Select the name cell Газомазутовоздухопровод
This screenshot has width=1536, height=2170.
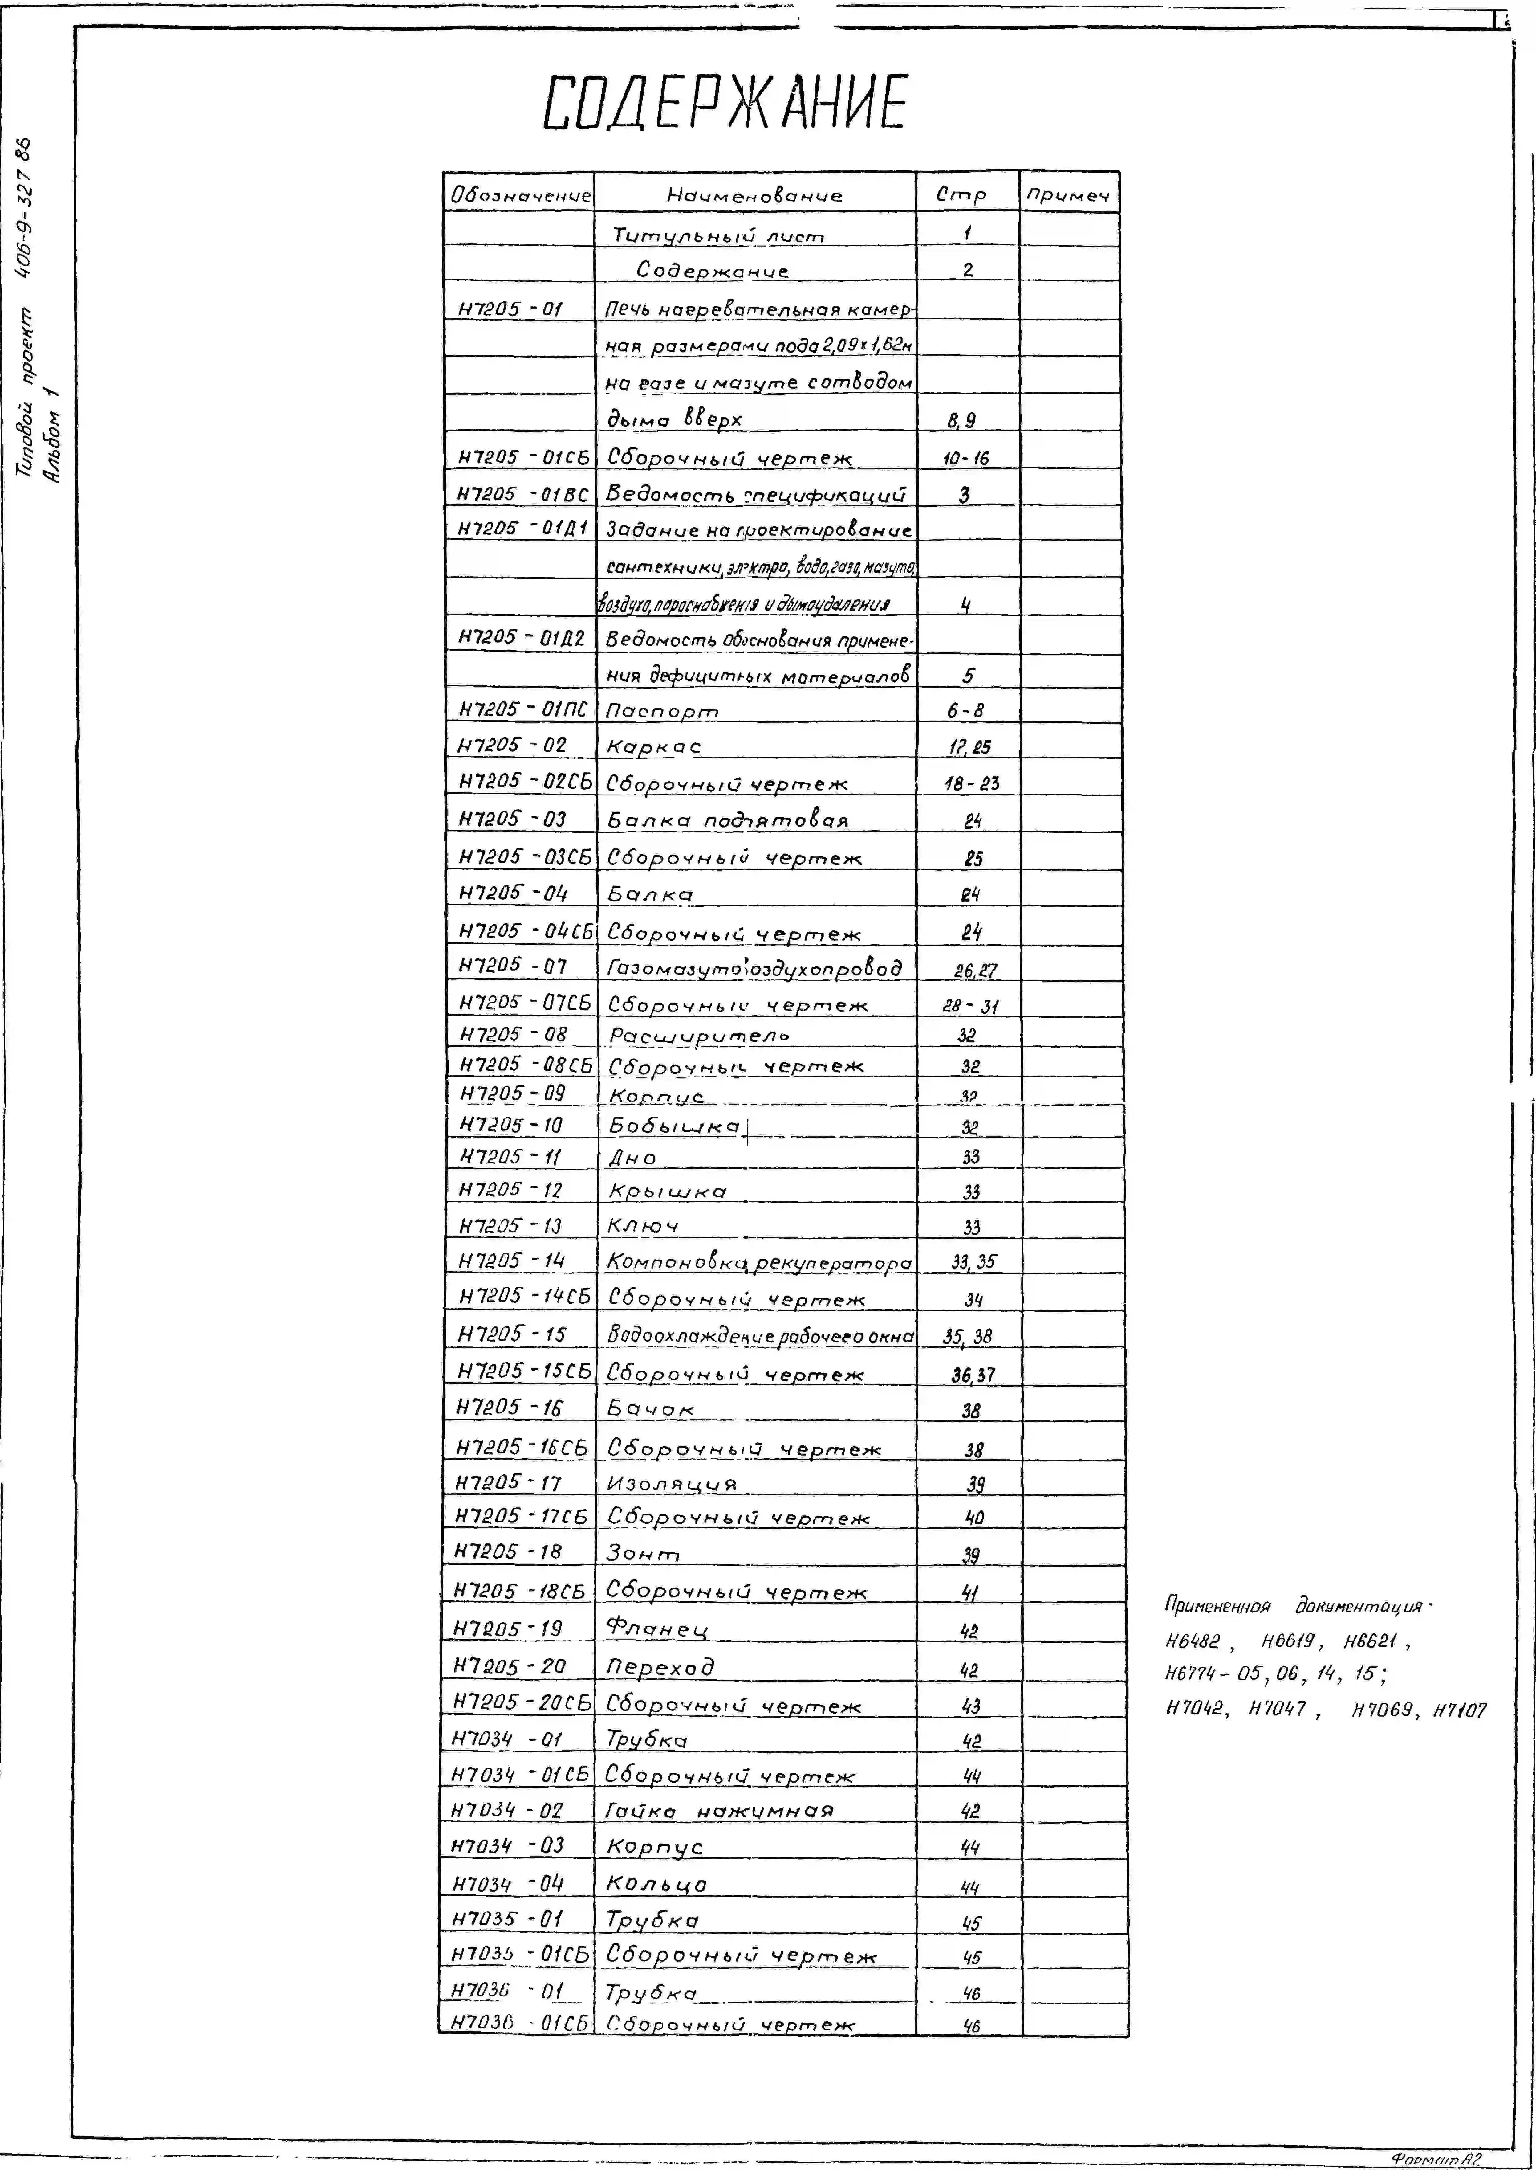(x=754, y=968)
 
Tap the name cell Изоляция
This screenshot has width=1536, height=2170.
(x=672, y=1483)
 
